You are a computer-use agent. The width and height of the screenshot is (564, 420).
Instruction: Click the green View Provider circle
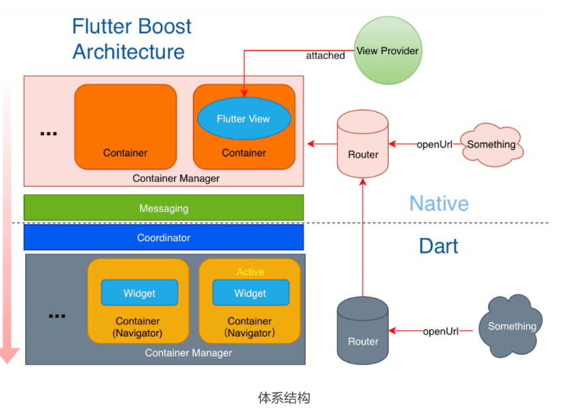(388, 51)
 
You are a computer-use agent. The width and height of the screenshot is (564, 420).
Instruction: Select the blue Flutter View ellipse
(243, 119)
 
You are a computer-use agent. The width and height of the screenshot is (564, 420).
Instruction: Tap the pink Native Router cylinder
(363, 145)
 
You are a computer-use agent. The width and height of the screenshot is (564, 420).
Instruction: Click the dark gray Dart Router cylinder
(363, 332)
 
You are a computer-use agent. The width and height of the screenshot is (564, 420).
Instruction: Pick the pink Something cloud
(491, 144)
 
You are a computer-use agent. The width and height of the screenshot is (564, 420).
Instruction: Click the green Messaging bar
(164, 208)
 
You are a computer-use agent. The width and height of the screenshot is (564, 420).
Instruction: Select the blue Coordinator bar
(164, 238)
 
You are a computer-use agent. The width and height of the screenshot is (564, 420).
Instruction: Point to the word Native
(439, 203)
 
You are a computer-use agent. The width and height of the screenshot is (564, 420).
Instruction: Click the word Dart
(438, 246)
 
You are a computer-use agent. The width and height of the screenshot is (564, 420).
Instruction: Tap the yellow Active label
(250, 272)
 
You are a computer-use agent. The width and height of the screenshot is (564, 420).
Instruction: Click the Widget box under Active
(250, 293)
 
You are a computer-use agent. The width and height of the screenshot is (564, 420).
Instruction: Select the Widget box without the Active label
(139, 293)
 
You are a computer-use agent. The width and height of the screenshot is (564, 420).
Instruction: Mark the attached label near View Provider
(325, 56)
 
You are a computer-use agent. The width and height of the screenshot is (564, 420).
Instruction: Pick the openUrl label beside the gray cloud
(441, 332)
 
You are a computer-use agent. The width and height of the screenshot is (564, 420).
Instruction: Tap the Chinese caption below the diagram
(284, 398)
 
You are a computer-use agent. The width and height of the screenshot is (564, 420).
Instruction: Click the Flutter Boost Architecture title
(131, 39)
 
